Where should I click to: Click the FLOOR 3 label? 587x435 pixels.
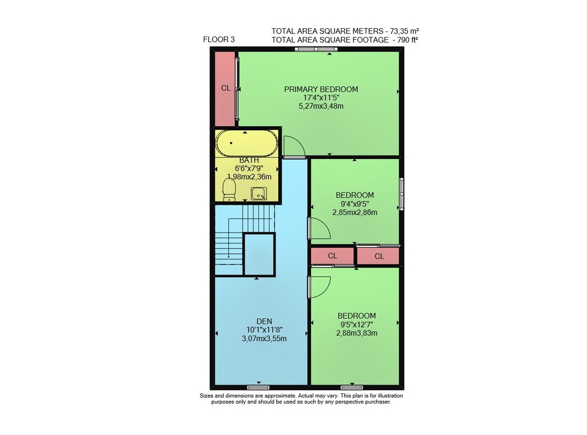(x=218, y=39)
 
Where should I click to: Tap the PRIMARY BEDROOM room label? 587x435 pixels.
(x=321, y=89)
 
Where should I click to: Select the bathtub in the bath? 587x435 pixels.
(x=247, y=143)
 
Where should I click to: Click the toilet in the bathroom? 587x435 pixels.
(x=229, y=190)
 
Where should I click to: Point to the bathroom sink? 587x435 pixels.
(x=259, y=194)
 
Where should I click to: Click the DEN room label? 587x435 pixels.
(x=264, y=321)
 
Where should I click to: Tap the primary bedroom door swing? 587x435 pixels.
(x=295, y=147)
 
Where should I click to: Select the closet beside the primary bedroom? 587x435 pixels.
(x=225, y=89)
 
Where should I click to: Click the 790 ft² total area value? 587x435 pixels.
(x=404, y=40)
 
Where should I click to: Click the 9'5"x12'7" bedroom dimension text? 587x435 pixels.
(x=356, y=325)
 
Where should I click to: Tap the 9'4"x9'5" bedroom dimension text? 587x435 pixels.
(x=355, y=204)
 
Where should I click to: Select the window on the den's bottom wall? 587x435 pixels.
(x=258, y=387)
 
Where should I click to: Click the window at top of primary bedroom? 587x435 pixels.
(x=316, y=49)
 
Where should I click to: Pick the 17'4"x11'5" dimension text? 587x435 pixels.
(x=321, y=97)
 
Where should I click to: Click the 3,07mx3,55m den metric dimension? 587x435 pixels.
(x=264, y=339)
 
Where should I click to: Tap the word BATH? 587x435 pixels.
(x=249, y=160)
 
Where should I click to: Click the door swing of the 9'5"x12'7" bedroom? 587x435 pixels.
(x=319, y=286)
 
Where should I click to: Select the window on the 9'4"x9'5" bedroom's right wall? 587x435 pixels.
(x=402, y=194)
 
